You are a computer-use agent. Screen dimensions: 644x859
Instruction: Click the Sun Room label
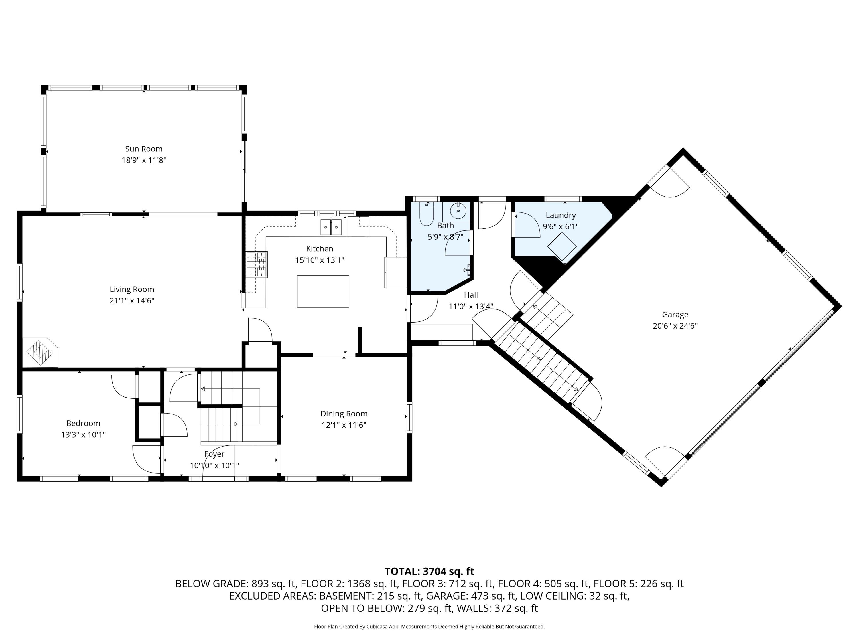click(144, 149)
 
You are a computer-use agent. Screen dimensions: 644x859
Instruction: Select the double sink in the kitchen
click(331, 227)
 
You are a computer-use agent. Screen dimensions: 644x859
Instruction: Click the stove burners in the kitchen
click(257, 264)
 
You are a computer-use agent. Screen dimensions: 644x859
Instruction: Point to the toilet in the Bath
click(426, 213)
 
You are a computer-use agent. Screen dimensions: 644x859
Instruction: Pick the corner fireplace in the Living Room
click(40, 352)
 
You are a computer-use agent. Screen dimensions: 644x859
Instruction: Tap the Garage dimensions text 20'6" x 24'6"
click(675, 326)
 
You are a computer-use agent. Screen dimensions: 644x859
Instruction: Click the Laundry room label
click(560, 215)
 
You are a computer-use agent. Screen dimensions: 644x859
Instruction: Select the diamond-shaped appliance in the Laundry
click(562, 246)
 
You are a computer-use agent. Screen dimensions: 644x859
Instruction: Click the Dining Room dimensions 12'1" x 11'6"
click(344, 425)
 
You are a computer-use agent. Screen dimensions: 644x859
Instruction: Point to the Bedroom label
click(83, 423)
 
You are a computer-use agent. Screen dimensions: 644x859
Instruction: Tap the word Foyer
click(214, 454)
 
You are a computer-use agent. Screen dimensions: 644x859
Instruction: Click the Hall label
click(471, 295)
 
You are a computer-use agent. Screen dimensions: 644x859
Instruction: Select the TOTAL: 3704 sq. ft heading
click(429, 571)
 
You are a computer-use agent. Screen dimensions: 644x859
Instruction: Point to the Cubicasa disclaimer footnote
click(429, 627)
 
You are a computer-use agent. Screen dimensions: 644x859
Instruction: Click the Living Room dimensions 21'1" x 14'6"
click(132, 301)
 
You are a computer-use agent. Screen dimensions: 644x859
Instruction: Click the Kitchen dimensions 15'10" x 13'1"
click(320, 260)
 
